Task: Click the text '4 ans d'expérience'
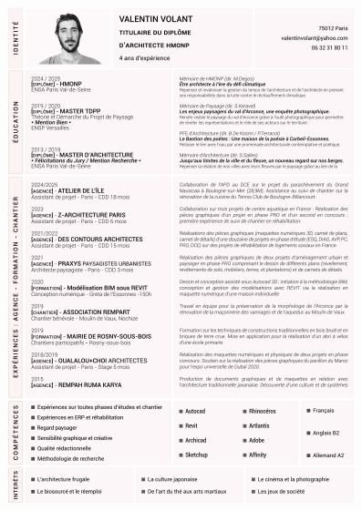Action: click(144, 56)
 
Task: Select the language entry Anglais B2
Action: click(325, 433)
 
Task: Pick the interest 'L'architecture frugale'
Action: click(69, 478)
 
